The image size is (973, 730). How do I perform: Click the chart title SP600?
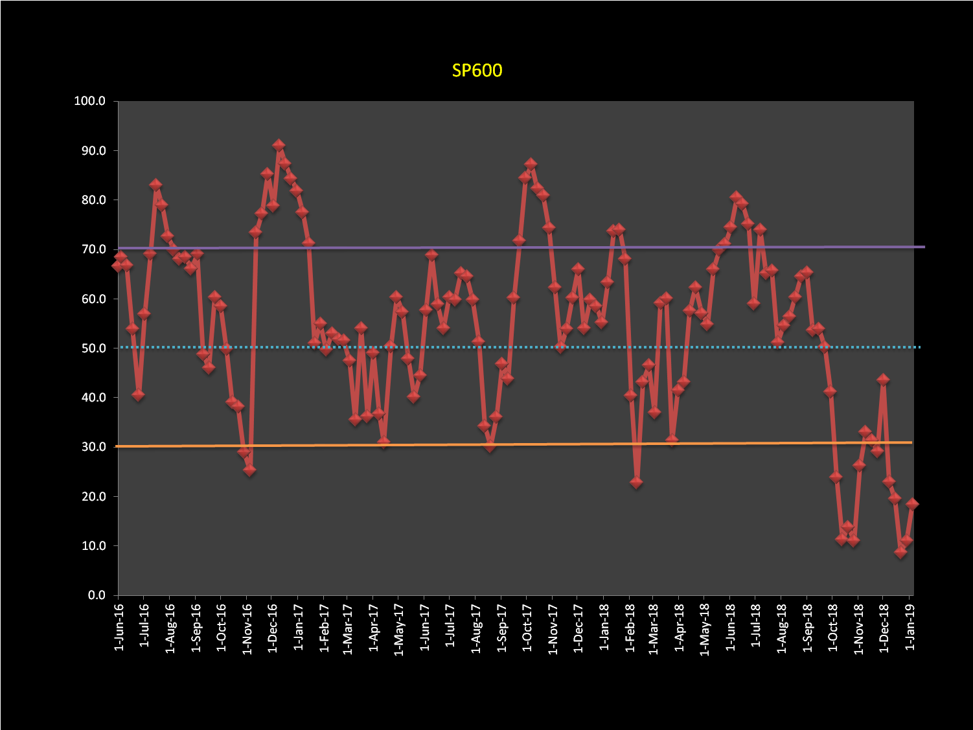(x=477, y=71)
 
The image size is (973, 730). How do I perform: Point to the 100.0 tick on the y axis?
(x=90, y=101)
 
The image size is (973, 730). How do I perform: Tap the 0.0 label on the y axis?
(x=95, y=595)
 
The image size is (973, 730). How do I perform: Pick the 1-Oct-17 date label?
(x=527, y=628)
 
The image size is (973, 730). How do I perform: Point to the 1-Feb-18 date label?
(x=630, y=628)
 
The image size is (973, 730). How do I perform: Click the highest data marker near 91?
(x=279, y=145)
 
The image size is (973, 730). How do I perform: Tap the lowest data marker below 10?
(x=900, y=552)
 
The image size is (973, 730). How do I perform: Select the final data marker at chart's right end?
(x=912, y=504)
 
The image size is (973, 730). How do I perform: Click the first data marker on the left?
(x=117, y=266)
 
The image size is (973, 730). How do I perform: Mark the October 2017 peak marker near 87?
(x=531, y=165)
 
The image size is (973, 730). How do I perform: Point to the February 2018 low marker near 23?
(x=636, y=482)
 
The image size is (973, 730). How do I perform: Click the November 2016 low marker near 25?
(x=249, y=470)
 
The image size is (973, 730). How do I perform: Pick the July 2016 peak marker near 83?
(x=155, y=185)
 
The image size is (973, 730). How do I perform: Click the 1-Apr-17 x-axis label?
(x=374, y=628)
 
